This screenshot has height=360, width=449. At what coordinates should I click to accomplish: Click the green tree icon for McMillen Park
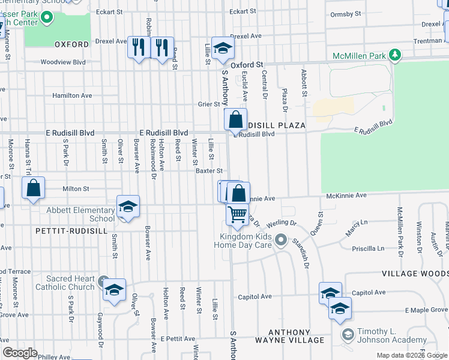point(394,56)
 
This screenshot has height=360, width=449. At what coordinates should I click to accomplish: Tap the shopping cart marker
point(238,214)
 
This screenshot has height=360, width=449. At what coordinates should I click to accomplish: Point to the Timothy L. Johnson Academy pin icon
point(347,334)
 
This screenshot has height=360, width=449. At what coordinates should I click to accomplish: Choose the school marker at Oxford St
point(223,49)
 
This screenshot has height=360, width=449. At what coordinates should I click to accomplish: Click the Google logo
point(20,353)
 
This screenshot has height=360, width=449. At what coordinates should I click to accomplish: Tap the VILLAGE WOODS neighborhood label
point(415,274)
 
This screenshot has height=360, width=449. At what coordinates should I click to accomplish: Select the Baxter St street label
point(209,170)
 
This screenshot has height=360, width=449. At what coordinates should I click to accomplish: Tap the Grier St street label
point(209,104)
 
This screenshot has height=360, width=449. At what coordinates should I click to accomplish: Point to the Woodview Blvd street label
point(63,62)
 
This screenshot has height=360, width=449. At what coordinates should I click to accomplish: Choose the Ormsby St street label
point(345,13)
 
